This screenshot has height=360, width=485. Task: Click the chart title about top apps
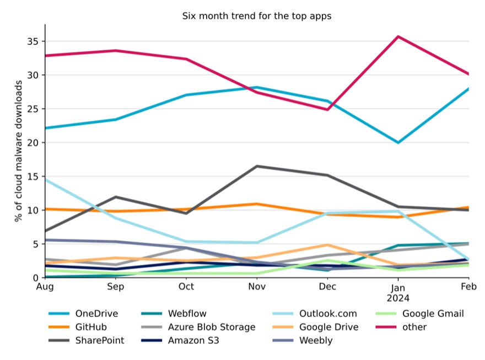coord(257,16)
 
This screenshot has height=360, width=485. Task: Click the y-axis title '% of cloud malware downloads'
coord(19,151)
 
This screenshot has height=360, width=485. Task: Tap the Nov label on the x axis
coord(257,287)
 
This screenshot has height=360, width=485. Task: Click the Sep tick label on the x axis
coord(116,287)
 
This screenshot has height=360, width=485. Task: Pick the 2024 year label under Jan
coord(398,298)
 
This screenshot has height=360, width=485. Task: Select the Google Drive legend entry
coord(328,327)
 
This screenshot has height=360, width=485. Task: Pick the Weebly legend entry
coord(316,340)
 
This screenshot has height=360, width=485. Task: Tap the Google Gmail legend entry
coord(433,314)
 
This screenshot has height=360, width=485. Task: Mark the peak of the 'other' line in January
coord(398,36)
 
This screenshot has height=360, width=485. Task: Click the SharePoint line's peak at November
coord(257,166)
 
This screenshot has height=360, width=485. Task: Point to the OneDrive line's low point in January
coord(398,142)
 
